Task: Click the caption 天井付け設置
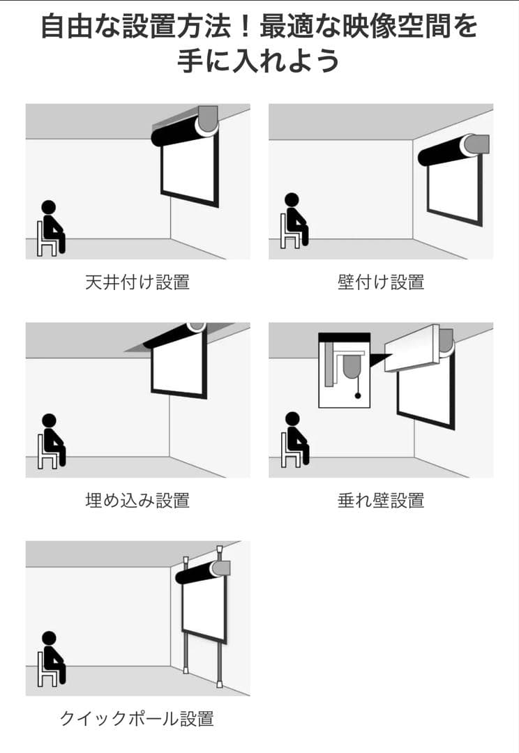click(137, 282)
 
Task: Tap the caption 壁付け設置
click(381, 282)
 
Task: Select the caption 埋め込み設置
click(137, 501)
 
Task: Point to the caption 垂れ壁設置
click(381, 501)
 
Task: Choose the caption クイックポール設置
click(137, 719)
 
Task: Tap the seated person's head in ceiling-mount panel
click(49, 207)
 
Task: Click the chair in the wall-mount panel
click(289, 231)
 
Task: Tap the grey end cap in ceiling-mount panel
click(208, 119)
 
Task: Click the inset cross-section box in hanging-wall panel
click(345, 370)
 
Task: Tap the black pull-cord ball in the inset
click(358, 396)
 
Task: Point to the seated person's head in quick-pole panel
click(49, 639)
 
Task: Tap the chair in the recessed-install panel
click(47, 450)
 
